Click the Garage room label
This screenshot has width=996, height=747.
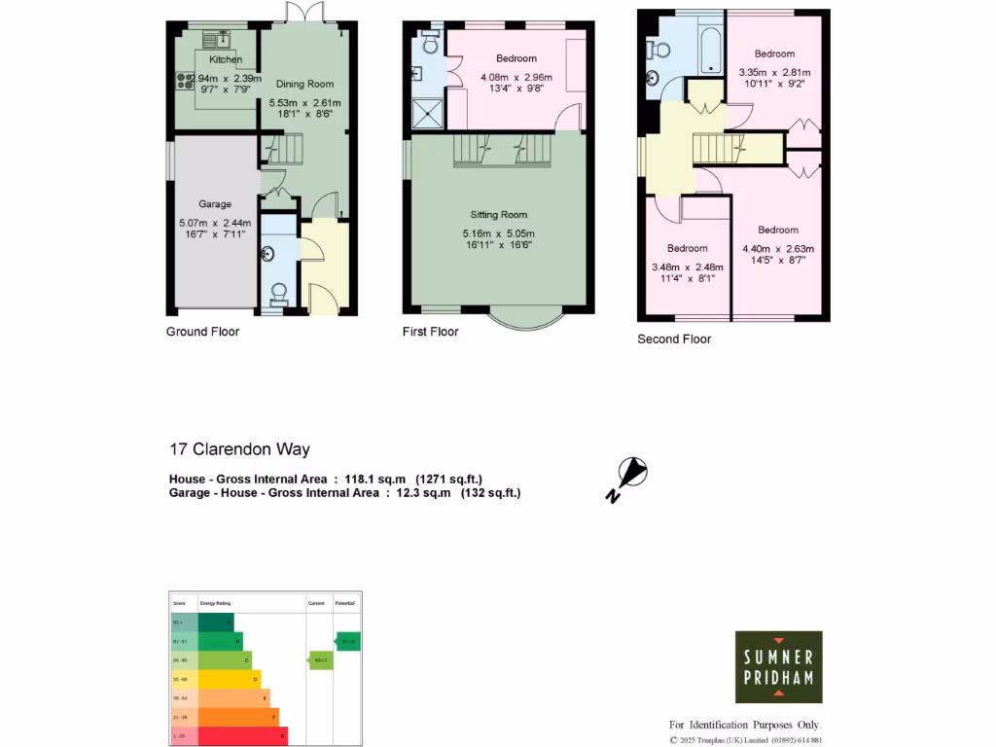[215, 204]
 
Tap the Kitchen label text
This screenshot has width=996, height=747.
[226, 59]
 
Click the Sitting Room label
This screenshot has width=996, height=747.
[498, 215]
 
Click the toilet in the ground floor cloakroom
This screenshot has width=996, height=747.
[278, 292]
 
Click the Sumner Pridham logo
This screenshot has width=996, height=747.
[778, 667]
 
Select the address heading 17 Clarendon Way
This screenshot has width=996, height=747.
[239, 449]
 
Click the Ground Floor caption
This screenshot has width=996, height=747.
[202, 332]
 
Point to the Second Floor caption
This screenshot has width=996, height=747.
[674, 339]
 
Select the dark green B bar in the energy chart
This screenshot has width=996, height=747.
[220, 641]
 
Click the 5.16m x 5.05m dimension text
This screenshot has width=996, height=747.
[498, 233]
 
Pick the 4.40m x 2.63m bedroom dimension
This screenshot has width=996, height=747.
[778, 248]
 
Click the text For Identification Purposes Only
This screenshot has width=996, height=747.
[745, 725]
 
